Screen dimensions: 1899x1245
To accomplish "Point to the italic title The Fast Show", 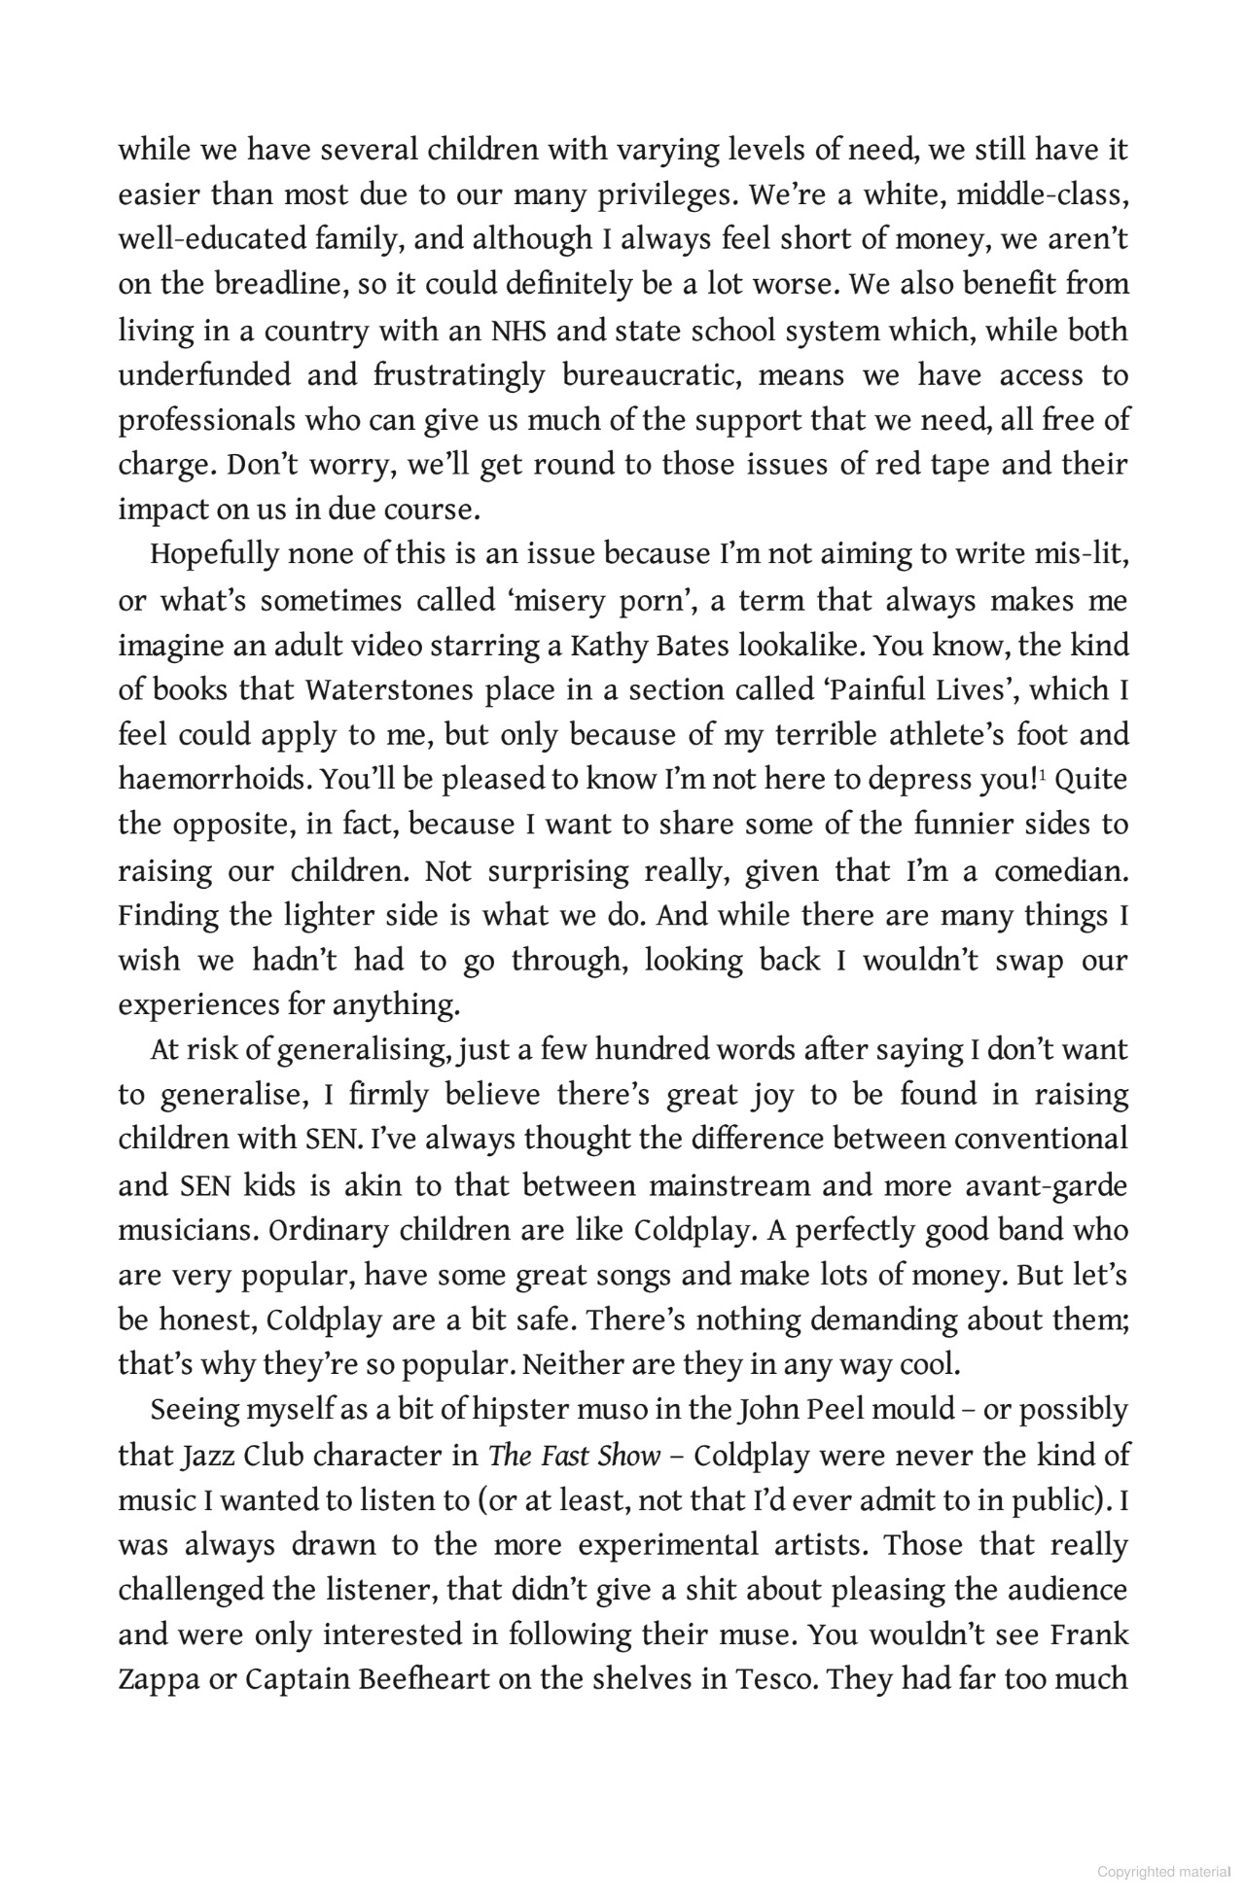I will tap(575, 1455).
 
